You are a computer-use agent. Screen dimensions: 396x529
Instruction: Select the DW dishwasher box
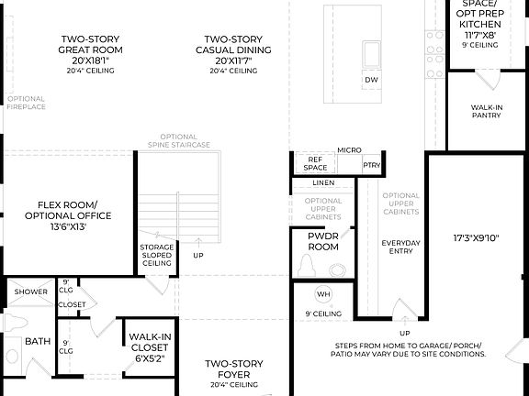click(371, 81)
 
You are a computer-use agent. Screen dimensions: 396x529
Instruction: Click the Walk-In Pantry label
click(487, 112)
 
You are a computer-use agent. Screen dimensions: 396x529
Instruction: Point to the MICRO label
click(348, 149)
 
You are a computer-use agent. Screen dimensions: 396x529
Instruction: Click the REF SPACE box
click(316, 163)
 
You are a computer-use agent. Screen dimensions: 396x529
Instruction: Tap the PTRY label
click(372, 165)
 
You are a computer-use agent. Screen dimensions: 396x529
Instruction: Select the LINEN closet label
click(322, 183)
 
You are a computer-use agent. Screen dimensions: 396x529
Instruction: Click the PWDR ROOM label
click(322, 241)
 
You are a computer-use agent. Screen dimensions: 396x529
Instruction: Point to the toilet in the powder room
click(309, 266)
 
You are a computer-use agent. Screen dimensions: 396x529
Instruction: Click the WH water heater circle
click(322, 294)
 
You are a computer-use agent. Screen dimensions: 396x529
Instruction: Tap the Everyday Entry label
click(400, 247)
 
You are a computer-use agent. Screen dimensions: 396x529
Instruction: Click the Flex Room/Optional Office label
click(74, 210)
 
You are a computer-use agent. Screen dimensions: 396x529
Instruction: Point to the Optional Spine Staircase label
click(179, 145)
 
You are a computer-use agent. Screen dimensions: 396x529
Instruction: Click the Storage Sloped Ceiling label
click(156, 255)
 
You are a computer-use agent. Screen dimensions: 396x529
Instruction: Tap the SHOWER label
click(30, 292)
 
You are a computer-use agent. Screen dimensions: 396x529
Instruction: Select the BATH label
click(38, 341)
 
